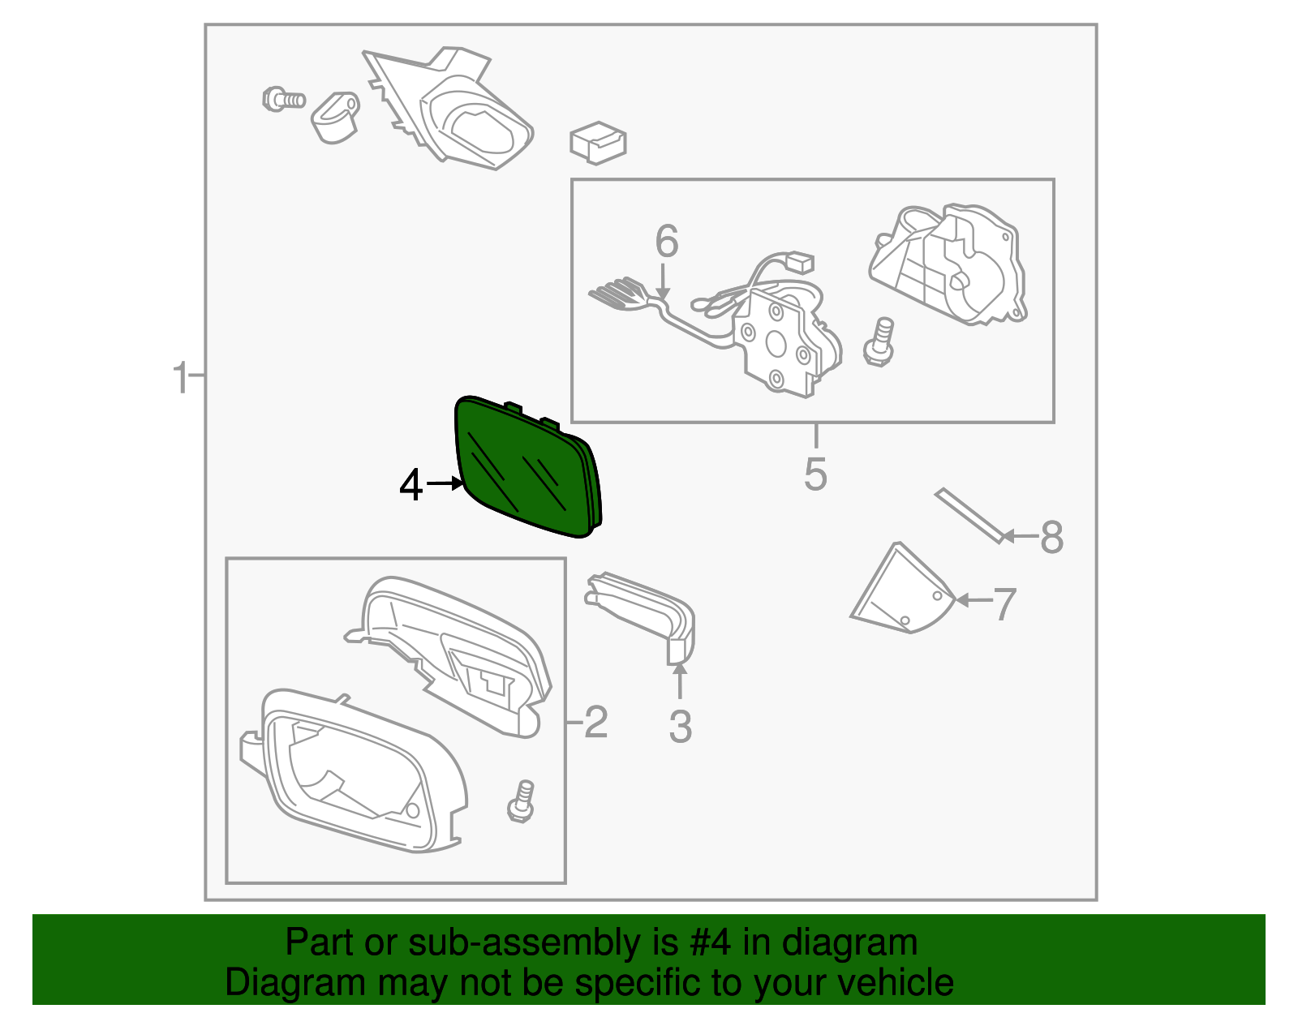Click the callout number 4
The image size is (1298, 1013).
(x=411, y=485)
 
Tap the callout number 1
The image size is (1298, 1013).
(x=181, y=378)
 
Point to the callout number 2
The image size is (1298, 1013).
(x=596, y=721)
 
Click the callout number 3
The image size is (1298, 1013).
(x=681, y=727)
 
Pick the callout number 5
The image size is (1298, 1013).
(x=815, y=474)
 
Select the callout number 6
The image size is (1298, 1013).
(x=667, y=241)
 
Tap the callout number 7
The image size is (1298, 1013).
(x=1004, y=604)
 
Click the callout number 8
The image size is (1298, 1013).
(x=1051, y=537)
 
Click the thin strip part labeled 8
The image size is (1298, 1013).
(x=969, y=516)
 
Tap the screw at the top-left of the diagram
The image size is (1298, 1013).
(x=283, y=99)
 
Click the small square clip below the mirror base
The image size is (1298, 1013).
(x=598, y=143)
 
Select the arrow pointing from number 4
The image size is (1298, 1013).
(x=444, y=484)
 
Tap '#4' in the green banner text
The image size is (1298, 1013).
(x=710, y=943)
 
